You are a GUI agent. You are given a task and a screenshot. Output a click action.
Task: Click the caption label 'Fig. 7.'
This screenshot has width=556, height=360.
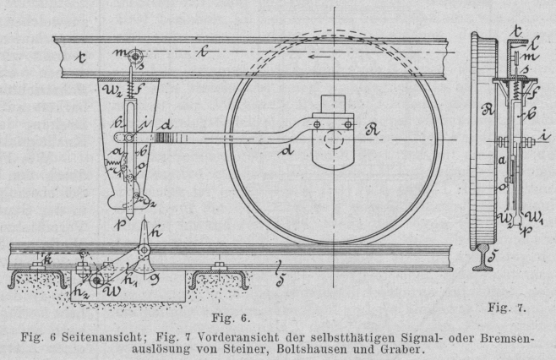pos(509,309)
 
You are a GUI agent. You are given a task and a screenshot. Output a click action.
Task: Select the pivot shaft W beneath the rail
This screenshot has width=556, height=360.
pos(99,281)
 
